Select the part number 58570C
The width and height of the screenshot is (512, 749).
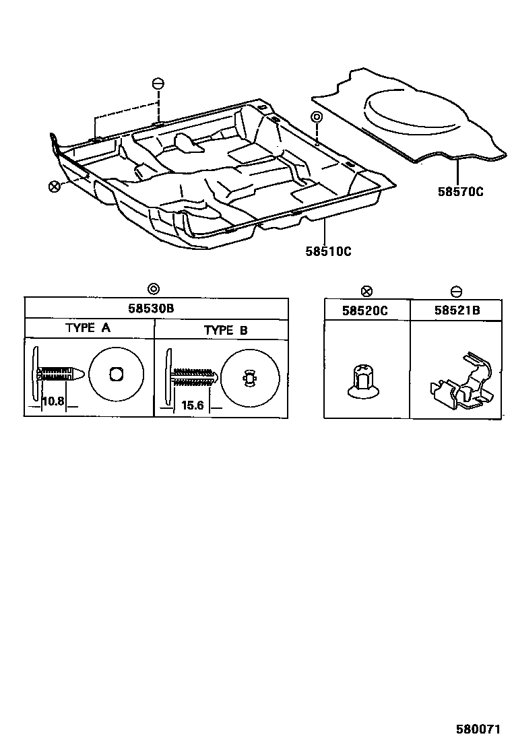pyautogui.click(x=460, y=191)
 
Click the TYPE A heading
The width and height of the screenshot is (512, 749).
pyautogui.click(x=88, y=329)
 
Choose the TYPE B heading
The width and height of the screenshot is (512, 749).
pyautogui.click(x=225, y=330)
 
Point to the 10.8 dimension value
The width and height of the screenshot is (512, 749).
pyautogui.click(x=53, y=401)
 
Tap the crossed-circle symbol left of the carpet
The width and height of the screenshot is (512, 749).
pyautogui.click(x=55, y=186)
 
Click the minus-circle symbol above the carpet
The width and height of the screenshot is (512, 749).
pyautogui.click(x=158, y=84)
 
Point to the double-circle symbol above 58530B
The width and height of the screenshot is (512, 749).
pyautogui.click(x=153, y=289)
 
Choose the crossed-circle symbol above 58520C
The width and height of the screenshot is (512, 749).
pyautogui.click(x=366, y=291)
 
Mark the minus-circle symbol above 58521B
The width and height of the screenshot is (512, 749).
pyautogui.click(x=456, y=291)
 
